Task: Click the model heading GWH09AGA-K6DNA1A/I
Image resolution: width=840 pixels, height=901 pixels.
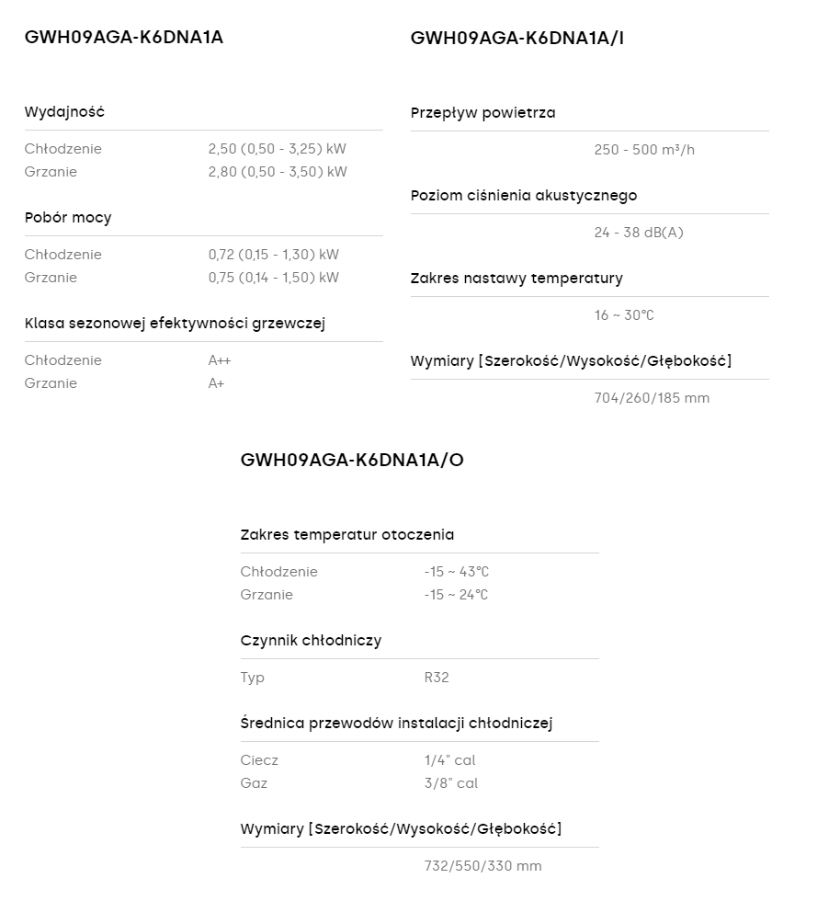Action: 517,38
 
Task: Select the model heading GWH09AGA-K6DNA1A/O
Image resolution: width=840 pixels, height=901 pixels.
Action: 352,460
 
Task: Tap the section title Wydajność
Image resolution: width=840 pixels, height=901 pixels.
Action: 64,112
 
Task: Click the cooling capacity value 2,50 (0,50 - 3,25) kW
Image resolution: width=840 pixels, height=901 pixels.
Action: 277,149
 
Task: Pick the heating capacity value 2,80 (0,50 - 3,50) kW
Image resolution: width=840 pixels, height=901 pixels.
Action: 278,172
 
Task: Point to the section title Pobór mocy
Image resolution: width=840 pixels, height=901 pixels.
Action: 68,218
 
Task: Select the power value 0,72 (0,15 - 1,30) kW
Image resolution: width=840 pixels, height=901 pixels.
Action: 273,255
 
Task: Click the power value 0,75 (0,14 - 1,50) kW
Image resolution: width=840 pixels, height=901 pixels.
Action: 273,278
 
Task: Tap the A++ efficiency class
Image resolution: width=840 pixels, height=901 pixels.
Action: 220,360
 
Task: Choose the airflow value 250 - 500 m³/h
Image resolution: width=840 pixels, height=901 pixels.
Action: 644,150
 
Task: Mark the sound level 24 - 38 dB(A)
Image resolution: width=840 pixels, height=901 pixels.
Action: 639,233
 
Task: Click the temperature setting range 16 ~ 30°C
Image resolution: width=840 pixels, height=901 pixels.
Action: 624,315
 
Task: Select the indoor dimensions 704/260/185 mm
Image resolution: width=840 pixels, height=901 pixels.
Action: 652,398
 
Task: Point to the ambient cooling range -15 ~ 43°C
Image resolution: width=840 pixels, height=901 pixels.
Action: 456,572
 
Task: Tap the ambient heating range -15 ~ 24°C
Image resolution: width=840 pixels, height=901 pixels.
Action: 456,595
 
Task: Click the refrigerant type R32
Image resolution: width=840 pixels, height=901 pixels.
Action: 437,678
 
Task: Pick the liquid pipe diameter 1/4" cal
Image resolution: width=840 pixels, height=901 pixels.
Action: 449,760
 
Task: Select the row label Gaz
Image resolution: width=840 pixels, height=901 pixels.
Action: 254,783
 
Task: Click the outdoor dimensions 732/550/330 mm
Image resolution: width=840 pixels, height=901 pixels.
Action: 482,866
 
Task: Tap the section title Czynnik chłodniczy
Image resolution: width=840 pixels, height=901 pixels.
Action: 311,641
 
